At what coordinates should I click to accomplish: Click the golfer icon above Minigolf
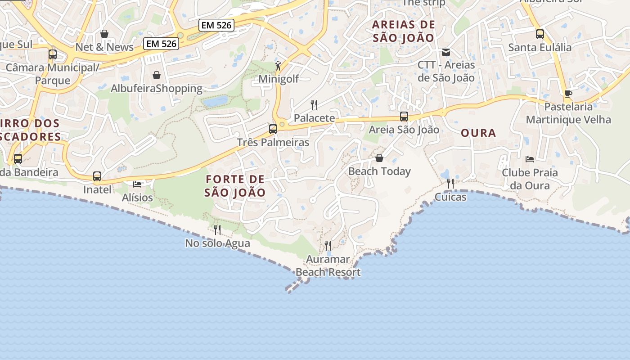[279, 66]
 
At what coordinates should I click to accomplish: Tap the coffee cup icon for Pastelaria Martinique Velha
[568, 94]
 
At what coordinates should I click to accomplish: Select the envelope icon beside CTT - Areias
[446, 52]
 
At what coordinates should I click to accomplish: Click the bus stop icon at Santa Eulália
[540, 34]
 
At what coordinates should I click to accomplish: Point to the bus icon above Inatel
[97, 176]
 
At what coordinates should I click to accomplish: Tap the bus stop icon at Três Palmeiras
[273, 129]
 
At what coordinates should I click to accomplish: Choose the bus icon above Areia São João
[404, 117]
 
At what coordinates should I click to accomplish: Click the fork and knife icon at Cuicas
[450, 184]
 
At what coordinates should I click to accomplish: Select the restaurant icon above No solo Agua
[217, 230]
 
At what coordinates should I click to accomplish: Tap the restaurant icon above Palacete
[314, 105]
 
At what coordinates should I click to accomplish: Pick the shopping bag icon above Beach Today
[379, 158]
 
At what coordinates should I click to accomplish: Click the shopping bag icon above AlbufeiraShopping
[157, 75]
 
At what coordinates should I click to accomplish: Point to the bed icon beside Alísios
[137, 184]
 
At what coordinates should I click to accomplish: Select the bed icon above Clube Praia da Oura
[530, 159]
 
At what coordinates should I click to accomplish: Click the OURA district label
[478, 133]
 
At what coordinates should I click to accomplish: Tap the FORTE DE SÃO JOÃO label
[235, 186]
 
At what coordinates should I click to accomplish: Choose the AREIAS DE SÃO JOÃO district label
[404, 31]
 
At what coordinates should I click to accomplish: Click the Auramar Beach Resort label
[328, 265]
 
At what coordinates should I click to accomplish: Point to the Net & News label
[104, 47]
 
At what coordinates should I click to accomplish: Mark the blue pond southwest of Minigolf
[215, 101]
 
